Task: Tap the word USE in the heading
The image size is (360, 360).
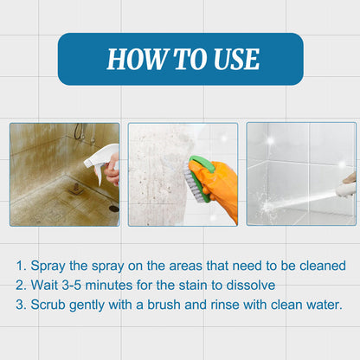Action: click(233, 59)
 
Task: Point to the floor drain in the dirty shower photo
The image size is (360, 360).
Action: click(113, 209)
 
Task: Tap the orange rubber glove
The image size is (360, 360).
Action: click(222, 187)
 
